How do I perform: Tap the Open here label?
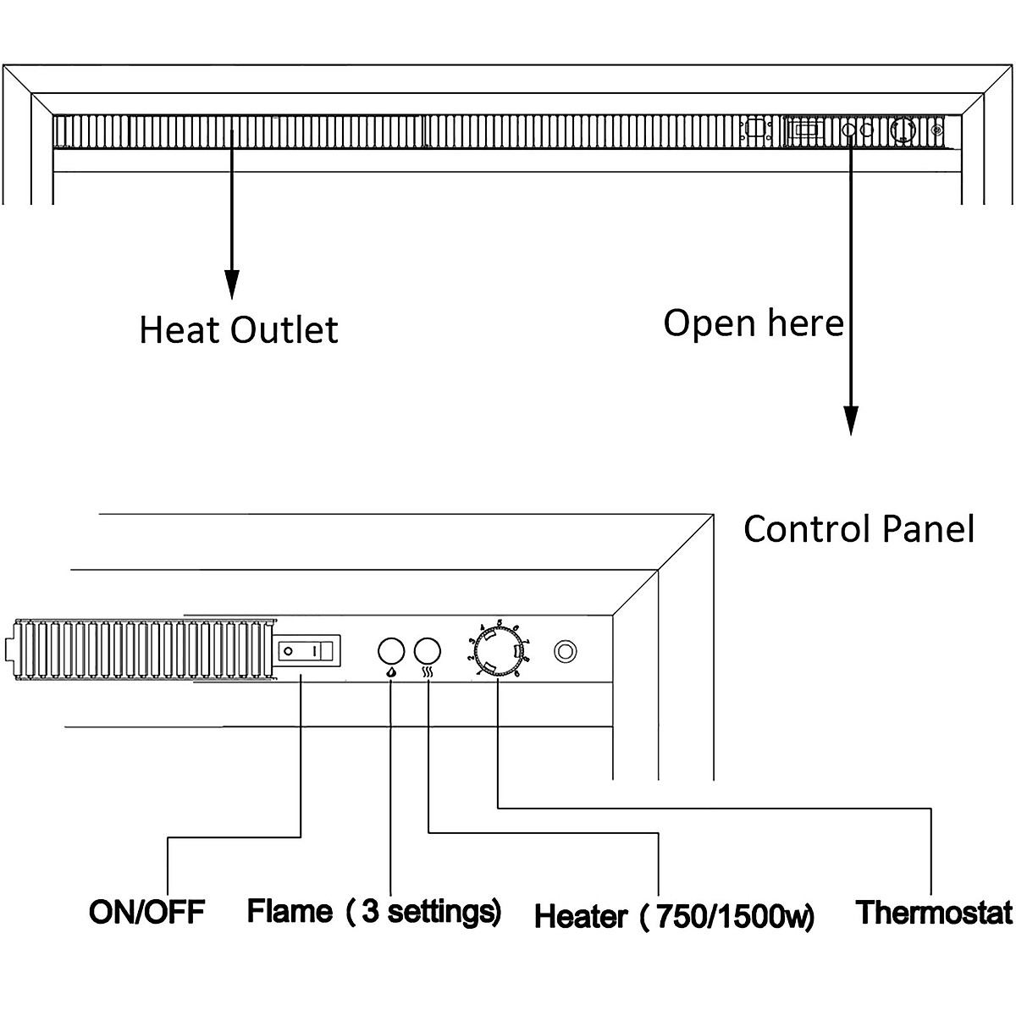(x=753, y=323)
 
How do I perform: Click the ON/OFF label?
(x=146, y=912)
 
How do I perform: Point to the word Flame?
(x=290, y=912)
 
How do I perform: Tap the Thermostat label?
(x=934, y=913)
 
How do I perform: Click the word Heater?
(x=582, y=916)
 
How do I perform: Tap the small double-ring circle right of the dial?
(x=565, y=651)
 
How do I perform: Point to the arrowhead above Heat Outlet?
(x=232, y=284)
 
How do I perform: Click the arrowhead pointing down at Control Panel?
(x=851, y=420)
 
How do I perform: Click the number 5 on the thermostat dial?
(x=500, y=624)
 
